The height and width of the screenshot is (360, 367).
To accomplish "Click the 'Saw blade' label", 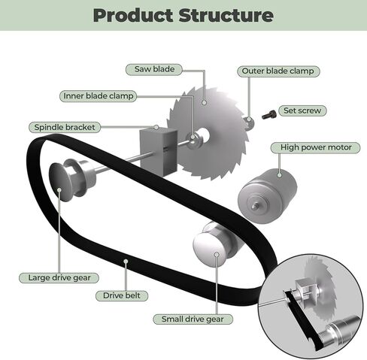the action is [x=154, y=69].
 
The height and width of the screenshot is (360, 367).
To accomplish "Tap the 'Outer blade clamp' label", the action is [x=278, y=71].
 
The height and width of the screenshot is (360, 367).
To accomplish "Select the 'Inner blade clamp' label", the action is [x=98, y=96].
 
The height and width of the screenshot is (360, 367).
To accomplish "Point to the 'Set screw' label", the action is [x=302, y=110].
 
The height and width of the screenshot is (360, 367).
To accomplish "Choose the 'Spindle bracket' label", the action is [x=65, y=127].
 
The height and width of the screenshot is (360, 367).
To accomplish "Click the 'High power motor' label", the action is [x=316, y=147].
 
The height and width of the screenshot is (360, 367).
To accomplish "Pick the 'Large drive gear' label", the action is [x=59, y=277].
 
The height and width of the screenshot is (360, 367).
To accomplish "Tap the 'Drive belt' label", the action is [x=122, y=295].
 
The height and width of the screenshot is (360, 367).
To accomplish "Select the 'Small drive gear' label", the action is [x=193, y=319].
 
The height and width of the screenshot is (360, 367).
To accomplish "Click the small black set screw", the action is [x=269, y=115].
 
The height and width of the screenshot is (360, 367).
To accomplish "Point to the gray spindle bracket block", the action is [x=159, y=151].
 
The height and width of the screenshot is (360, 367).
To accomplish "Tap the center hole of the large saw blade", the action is [x=205, y=135].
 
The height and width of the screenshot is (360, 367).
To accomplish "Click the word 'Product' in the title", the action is [x=133, y=16].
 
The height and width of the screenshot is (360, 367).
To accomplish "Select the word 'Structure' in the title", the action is [x=226, y=16].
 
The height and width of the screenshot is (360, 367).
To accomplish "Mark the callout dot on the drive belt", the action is [x=126, y=262].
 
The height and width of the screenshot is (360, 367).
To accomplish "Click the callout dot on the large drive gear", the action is [x=59, y=189].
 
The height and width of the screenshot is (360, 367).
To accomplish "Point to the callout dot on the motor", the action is [x=280, y=175].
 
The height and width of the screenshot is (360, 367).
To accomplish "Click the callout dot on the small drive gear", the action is [x=217, y=255].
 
